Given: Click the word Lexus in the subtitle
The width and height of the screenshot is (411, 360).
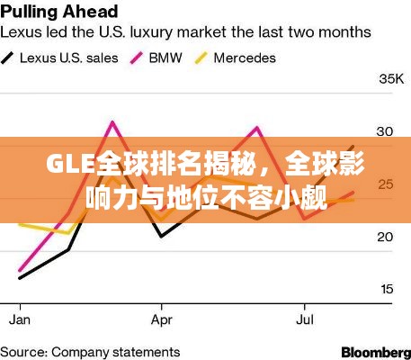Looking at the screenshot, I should pyautogui.click(x=24, y=32).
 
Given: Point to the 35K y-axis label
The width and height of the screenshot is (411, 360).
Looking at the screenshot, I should pyautogui.click(x=391, y=79).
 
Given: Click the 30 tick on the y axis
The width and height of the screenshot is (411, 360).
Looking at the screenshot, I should pyautogui.click(x=385, y=131).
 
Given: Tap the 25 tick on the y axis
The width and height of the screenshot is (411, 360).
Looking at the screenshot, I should pyautogui.click(x=385, y=184).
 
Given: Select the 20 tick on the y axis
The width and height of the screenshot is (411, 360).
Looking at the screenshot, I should pyautogui.click(x=385, y=237).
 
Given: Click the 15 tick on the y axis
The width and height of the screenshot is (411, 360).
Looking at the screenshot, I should pyautogui.click(x=385, y=289).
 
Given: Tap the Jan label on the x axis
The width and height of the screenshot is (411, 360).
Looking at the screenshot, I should pyautogui.click(x=20, y=319).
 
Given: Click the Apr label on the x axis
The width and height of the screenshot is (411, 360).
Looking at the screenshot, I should pyautogui.click(x=162, y=319).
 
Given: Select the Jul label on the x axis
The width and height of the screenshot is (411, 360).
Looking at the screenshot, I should pyautogui.click(x=305, y=319).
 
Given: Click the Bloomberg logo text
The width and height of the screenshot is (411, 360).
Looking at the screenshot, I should pyautogui.click(x=375, y=350).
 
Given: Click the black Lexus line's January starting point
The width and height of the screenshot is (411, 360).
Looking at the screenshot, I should pyautogui.click(x=20, y=278).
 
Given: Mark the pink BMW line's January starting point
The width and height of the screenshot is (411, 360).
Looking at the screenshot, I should pyautogui.click(x=20, y=269).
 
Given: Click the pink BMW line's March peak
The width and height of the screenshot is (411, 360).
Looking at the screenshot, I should pyautogui.click(x=112, y=121).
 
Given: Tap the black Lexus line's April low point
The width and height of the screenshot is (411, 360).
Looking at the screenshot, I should pyautogui.click(x=161, y=236).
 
